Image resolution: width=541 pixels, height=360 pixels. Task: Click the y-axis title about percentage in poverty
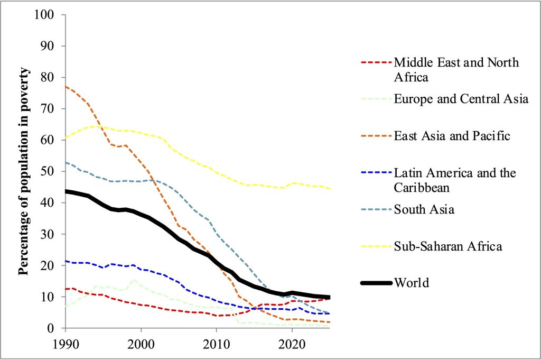point(24,172)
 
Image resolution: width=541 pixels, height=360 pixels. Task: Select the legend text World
point(412,283)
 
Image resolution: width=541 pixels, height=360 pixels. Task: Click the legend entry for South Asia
point(424,210)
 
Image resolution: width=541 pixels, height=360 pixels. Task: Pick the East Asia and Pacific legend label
point(452,136)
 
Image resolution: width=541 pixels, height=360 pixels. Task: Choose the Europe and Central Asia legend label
point(461,99)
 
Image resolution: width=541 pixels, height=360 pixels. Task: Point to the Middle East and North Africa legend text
point(456,70)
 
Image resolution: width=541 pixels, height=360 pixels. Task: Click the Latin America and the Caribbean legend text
point(455,180)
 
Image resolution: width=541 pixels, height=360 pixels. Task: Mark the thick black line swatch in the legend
point(377,283)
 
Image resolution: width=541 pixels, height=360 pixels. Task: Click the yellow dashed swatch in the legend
point(377,246)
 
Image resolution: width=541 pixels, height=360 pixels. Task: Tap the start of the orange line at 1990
point(66,86)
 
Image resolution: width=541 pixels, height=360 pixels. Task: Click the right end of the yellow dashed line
point(330,189)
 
